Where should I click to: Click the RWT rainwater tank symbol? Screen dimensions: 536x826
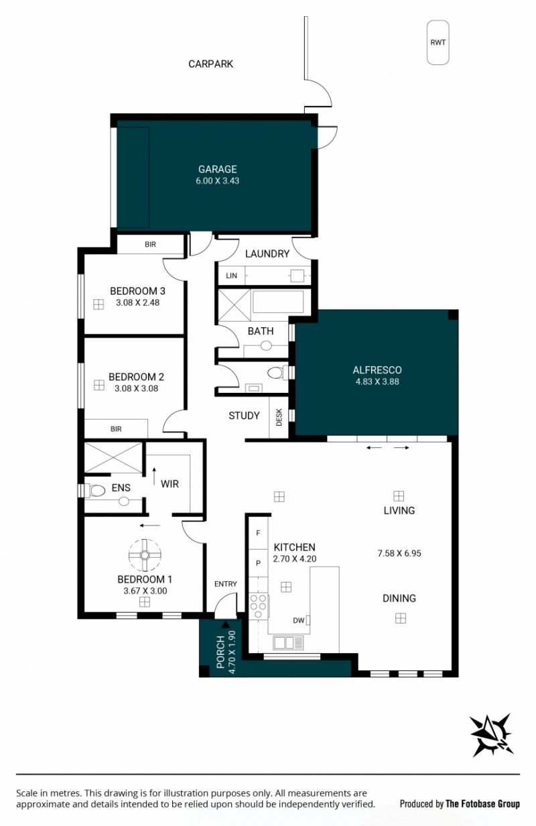[438, 42]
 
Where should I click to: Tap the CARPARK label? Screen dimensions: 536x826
[211, 64]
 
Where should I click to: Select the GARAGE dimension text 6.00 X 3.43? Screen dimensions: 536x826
[217, 181]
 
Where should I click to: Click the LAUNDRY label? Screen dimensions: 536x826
[267, 253]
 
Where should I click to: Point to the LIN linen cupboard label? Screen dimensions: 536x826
[231, 276]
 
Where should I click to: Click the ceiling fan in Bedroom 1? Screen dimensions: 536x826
[145, 555]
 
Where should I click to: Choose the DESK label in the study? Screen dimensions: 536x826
[279, 417]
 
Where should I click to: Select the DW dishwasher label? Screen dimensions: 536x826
[299, 621]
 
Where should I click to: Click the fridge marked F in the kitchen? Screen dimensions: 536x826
[258, 533]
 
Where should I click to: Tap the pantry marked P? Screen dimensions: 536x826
[258, 563]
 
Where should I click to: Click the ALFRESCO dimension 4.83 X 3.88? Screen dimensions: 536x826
[377, 381]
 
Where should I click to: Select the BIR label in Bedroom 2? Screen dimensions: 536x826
[116, 429]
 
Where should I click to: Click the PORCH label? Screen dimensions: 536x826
[220, 652]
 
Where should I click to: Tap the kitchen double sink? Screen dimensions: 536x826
[288, 643]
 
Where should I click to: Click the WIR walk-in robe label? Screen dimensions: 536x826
[170, 484]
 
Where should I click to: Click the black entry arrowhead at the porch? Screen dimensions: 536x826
[224, 624]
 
